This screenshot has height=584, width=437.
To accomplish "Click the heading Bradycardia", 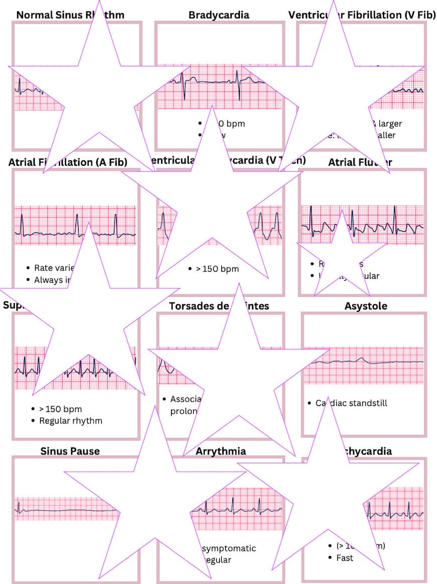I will [x=218, y=14].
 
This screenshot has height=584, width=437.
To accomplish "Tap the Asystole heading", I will [x=365, y=306].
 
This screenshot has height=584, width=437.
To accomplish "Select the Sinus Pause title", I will [x=70, y=451].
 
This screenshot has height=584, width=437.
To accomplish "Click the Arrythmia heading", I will [x=221, y=451].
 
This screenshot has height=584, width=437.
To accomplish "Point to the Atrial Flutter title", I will [x=360, y=162].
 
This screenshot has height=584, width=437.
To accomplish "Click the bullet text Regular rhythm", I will [x=70, y=420].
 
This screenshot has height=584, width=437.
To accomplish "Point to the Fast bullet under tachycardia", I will [x=345, y=558].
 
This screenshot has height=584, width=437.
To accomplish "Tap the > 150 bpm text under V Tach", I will [x=217, y=269].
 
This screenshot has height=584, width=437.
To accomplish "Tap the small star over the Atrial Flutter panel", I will [x=342, y=256].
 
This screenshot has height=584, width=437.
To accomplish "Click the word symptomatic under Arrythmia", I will [x=230, y=548].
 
